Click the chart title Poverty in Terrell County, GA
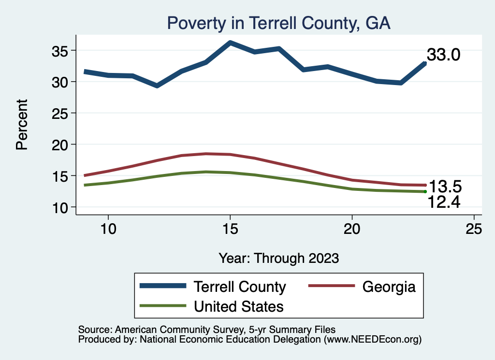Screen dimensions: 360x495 (278, 23)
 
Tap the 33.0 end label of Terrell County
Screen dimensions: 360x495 (443, 55)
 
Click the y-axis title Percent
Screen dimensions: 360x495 (22, 124)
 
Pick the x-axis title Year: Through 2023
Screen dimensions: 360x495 (278, 258)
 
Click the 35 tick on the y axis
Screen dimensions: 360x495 (61, 51)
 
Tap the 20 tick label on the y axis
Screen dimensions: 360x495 (61, 144)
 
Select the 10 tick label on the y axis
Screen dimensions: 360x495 (61, 207)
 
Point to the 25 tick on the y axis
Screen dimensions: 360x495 (61, 113)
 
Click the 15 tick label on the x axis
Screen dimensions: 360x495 (230, 229)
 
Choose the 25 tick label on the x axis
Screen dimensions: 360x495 (474, 229)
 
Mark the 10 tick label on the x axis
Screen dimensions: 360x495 (108, 229)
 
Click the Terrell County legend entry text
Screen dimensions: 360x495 (240, 287)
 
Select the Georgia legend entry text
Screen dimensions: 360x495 (389, 287)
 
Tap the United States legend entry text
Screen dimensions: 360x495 (239, 306)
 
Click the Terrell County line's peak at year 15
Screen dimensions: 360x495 (230, 43)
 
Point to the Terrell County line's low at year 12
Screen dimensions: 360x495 (157, 86)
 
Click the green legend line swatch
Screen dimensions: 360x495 (162, 305)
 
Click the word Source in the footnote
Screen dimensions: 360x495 (93, 330)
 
